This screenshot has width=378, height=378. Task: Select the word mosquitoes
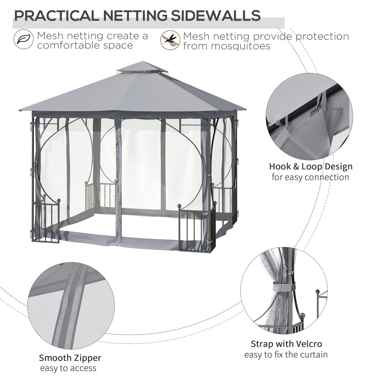[x=226, y=46]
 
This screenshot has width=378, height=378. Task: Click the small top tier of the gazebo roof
[x=142, y=68]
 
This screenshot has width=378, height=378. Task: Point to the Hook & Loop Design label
[x=310, y=166]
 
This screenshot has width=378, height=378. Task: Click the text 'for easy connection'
[x=310, y=177]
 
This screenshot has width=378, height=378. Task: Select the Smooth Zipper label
[x=70, y=358]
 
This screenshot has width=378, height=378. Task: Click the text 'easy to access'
[x=68, y=368]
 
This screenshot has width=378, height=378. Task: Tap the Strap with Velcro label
[x=286, y=344]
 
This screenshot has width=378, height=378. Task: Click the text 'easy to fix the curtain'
[x=286, y=355]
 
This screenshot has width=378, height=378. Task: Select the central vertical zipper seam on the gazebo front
[x=118, y=182]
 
